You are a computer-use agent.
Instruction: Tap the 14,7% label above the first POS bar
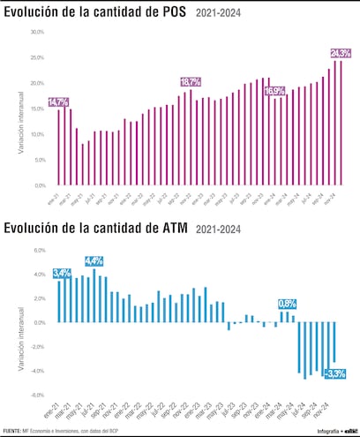click(58, 102)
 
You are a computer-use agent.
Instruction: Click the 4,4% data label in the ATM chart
click(94, 260)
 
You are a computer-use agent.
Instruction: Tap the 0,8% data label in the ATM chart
click(287, 304)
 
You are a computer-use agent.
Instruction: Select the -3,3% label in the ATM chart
click(334, 374)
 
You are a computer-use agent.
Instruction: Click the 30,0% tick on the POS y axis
click(37, 32)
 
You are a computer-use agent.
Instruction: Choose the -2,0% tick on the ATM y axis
click(38, 347)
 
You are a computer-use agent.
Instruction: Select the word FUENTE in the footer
click(12, 430)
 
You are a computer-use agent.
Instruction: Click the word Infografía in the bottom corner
click(313, 430)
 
